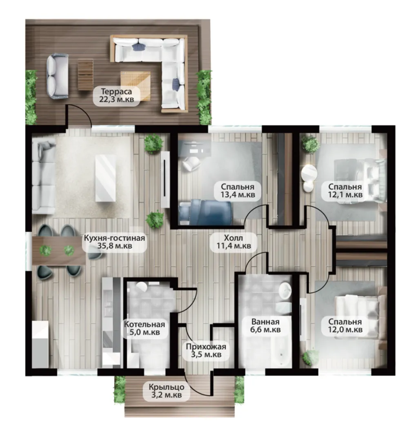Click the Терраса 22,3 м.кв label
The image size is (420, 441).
[x=116, y=95]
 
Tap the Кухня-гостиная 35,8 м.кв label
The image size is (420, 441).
[x=114, y=242]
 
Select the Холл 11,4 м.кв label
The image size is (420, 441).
[x=233, y=242]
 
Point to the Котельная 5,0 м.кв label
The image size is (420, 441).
[x=144, y=328]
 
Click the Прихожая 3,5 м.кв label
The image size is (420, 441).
[x=206, y=350]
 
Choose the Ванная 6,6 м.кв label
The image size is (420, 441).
[x=265, y=325]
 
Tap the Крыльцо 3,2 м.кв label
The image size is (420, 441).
[x=167, y=391]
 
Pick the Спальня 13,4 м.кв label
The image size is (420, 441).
[x=238, y=191]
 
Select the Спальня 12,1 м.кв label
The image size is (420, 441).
[x=345, y=191]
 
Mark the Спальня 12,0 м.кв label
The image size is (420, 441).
[x=345, y=325]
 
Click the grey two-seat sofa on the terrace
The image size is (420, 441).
[x=58, y=76]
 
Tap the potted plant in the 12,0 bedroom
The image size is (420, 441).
[x=310, y=357]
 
